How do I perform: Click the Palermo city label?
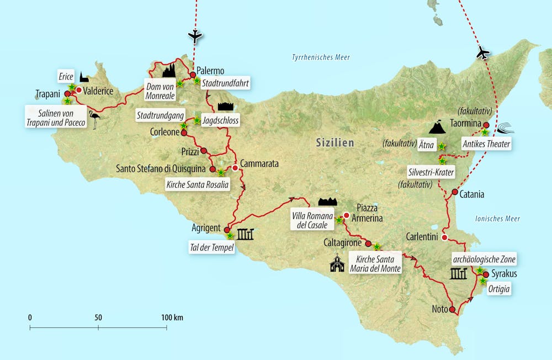click(x=210, y=71)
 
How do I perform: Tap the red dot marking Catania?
click(x=455, y=193)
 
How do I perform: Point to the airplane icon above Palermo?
click(x=194, y=36)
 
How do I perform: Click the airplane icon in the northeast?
click(x=482, y=53)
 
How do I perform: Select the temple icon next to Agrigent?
click(x=245, y=235)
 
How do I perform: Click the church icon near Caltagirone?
click(x=337, y=264)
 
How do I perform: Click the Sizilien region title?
click(x=335, y=142)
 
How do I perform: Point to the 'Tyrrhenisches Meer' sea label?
click(x=321, y=57)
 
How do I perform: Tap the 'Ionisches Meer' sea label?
click(x=497, y=219)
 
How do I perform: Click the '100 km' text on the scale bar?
click(x=172, y=317)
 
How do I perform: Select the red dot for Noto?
click(x=453, y=310)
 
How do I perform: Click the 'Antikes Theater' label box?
click(x=486, y=145)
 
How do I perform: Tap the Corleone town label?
click(x=164, y=133)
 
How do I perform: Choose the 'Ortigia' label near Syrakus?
click(x=499, y=289)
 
